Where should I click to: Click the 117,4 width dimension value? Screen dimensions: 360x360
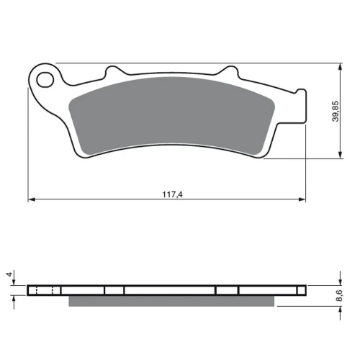tap(172, 194)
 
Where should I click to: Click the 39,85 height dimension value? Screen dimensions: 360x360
tap(336, 111)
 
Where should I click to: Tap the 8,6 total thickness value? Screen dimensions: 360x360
tap(339, 295)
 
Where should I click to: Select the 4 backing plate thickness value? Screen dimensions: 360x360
tap(9, 274)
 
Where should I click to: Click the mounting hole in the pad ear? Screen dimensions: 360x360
tap(45, 79)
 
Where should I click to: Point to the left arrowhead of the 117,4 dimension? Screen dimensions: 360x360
tap(32, 199)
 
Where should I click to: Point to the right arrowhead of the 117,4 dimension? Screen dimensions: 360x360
tap(302, 199)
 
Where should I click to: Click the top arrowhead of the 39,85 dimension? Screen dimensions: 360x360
tap(340, 67)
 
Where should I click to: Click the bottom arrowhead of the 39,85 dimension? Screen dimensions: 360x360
tap(340, 155)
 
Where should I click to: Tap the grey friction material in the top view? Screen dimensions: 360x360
tap(172, 115)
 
